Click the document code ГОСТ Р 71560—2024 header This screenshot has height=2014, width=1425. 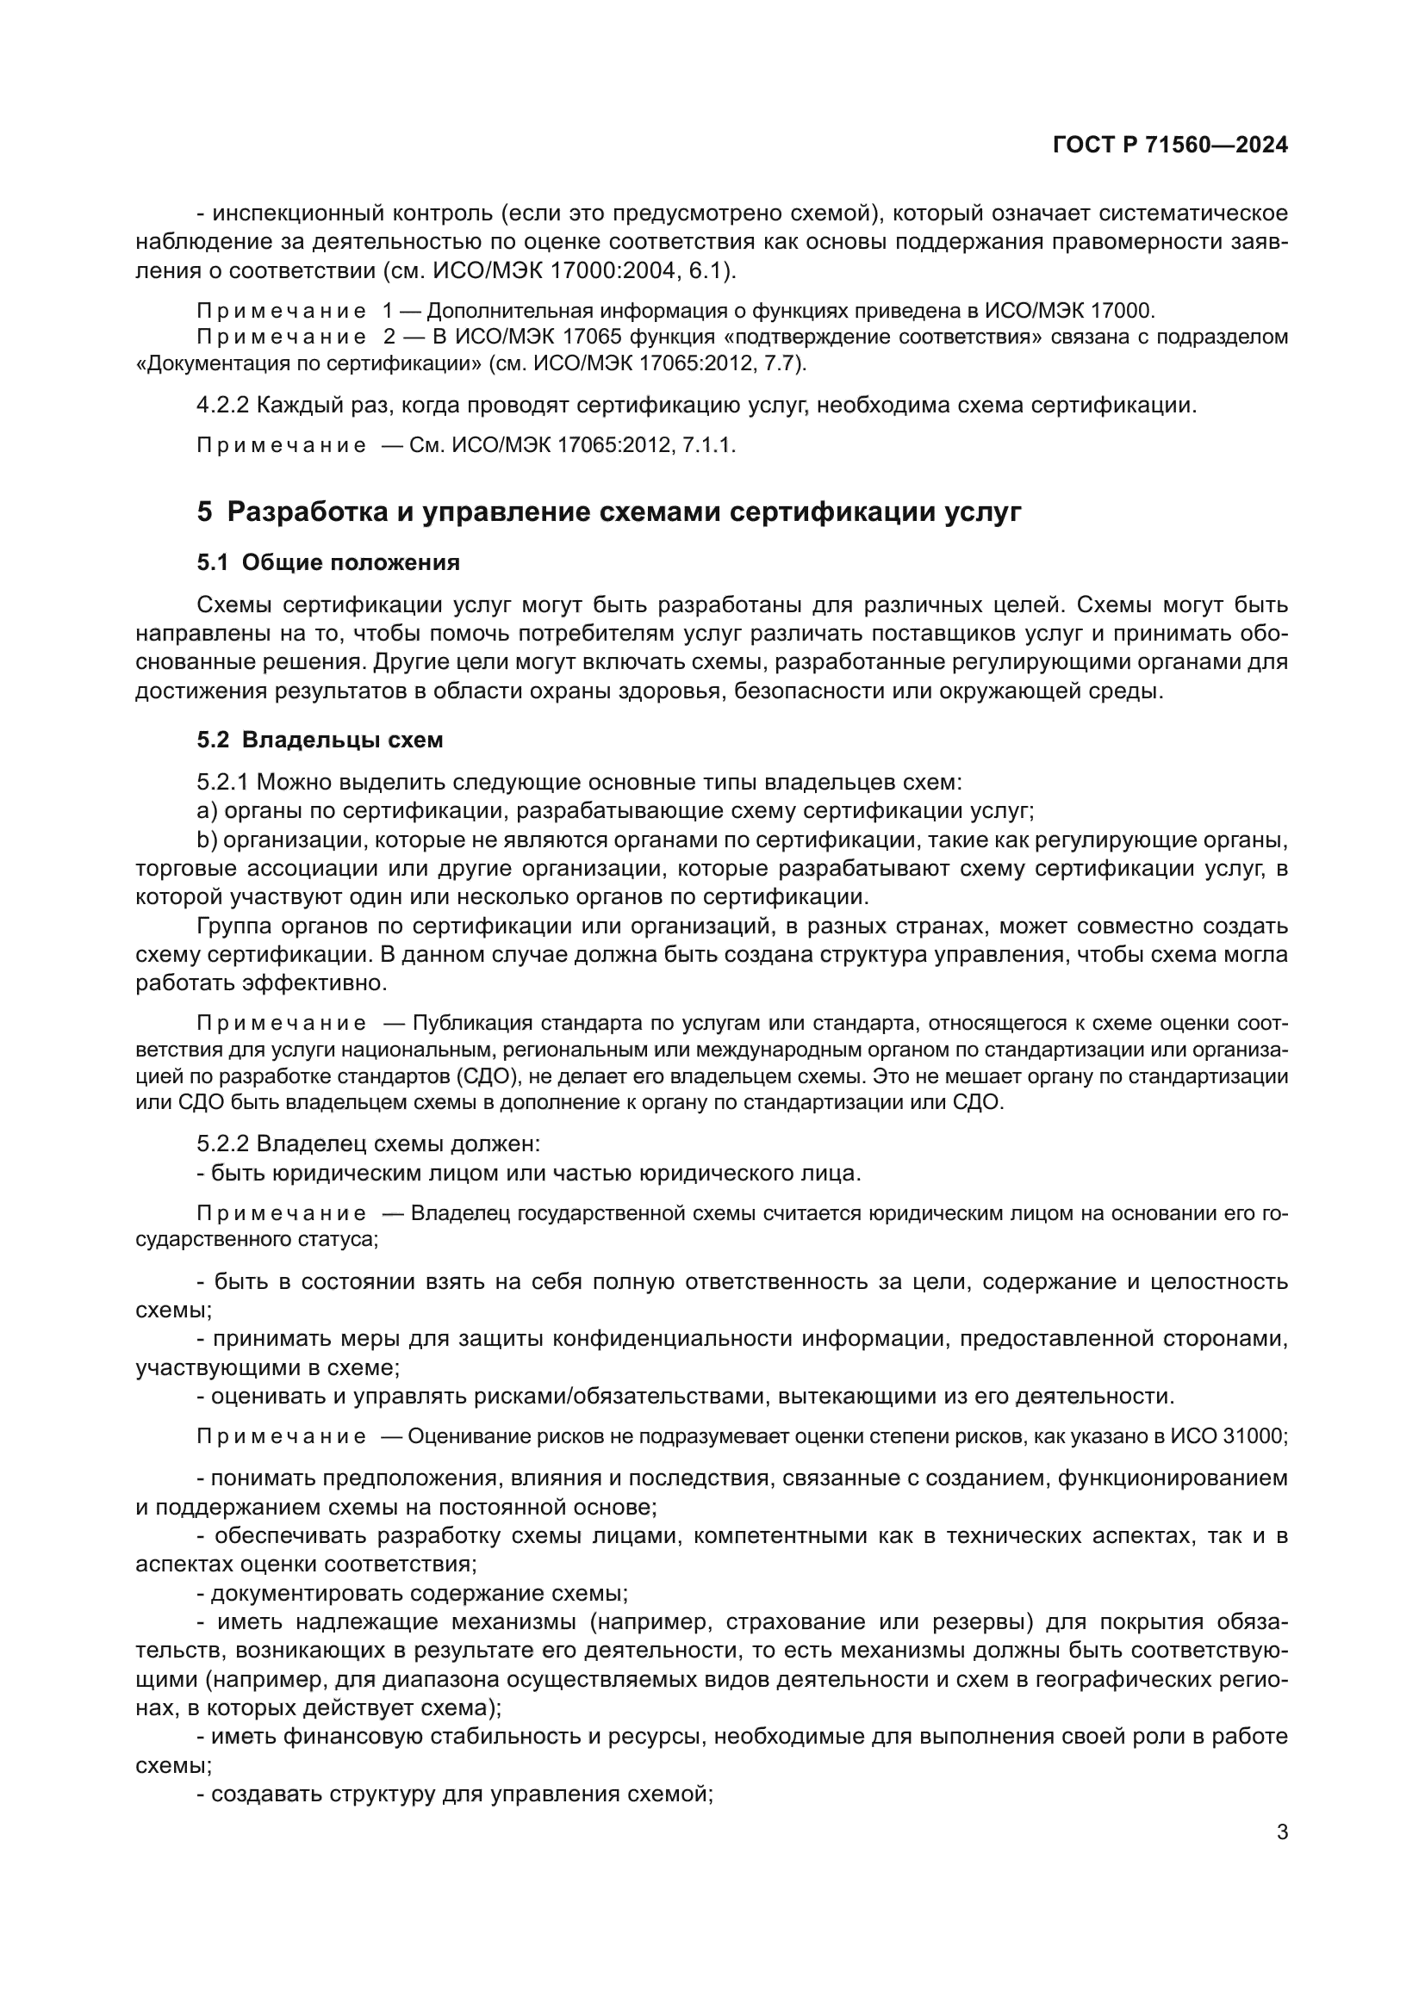1170,146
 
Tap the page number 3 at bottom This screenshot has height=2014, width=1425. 1282,1832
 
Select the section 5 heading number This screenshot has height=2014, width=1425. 204,512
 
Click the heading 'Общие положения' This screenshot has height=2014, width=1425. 350,562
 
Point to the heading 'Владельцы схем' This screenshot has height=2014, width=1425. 342,740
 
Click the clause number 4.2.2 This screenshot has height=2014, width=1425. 223,406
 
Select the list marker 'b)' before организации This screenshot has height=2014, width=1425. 206,840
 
